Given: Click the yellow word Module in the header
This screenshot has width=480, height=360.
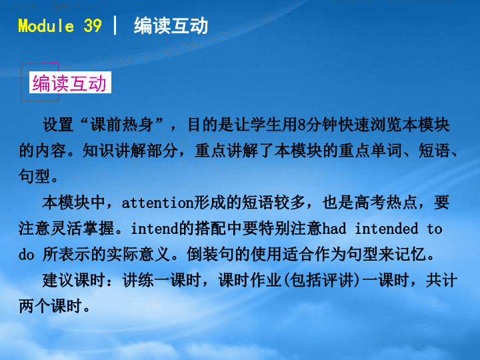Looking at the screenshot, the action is coord(46,26).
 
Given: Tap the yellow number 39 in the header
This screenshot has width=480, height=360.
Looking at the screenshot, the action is coord(93,26).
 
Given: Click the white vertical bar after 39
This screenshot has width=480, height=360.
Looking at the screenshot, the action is coord(115,25).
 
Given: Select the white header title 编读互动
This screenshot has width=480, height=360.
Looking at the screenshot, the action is coord(171,26).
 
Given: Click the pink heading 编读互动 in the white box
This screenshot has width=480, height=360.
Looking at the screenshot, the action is coord(69,83).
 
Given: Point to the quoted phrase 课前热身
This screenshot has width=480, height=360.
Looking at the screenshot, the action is coord(122,125).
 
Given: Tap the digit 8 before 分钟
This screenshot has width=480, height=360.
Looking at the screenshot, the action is coord(301,125).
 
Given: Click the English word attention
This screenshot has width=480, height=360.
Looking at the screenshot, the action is coord(157,203).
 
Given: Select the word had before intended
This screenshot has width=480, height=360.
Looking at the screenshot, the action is coord(334,229).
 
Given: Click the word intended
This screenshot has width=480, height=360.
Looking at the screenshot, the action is coord(386,229).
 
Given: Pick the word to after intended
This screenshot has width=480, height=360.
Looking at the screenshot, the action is coord(435,229).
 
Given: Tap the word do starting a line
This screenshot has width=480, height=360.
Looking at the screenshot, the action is coord(26,255).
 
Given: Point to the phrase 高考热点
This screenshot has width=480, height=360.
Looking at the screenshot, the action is coord(386,203).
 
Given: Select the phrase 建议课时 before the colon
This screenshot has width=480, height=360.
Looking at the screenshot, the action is coord(74,280).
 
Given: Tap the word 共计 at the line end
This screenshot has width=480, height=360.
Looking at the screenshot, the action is coord(442,280).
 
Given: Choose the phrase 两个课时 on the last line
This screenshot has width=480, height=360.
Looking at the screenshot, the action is coord(51,306).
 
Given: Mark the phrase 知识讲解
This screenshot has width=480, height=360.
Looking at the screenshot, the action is coord(114,151).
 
